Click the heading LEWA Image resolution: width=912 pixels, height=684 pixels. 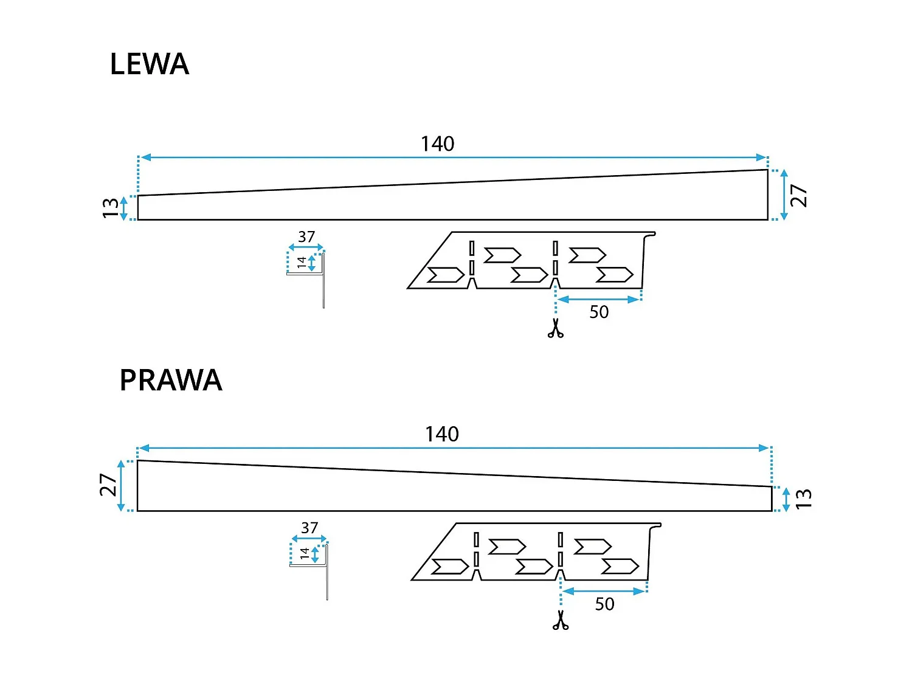pos(149,64)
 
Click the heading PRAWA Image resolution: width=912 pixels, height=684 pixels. pos(171,381)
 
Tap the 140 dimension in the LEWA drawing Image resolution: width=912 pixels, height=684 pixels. pos(437,144)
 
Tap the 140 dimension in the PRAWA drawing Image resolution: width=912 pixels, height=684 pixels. pos(441,435)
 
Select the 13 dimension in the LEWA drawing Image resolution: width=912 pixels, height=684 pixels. pos(110,208)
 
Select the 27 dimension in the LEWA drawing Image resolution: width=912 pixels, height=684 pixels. pos(799,196)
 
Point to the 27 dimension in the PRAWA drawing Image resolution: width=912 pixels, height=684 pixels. pos(108,485)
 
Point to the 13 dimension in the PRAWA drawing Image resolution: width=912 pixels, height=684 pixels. pos(803,499)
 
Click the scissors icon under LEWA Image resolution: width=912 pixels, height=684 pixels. pos(555,328)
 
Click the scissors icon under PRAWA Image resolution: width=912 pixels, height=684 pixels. pos(561,620)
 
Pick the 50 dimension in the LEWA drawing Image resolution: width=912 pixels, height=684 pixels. pos(599,313)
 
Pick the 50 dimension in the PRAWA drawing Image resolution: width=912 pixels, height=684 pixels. pos(604,604)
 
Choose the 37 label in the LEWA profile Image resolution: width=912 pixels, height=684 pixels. pos(306,237)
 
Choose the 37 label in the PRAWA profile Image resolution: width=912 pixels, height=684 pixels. pos(309,528)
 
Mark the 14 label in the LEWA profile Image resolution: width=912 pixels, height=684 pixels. pos(302,263)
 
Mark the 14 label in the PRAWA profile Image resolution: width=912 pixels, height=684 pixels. pos(305,554)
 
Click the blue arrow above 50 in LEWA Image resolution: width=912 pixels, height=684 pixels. pos(599,299)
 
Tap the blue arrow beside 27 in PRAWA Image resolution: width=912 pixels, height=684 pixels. pos(122,486)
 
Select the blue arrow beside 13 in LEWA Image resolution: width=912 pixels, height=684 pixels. pos(124,208)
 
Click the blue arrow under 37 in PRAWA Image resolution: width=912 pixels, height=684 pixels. pos(309,539)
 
